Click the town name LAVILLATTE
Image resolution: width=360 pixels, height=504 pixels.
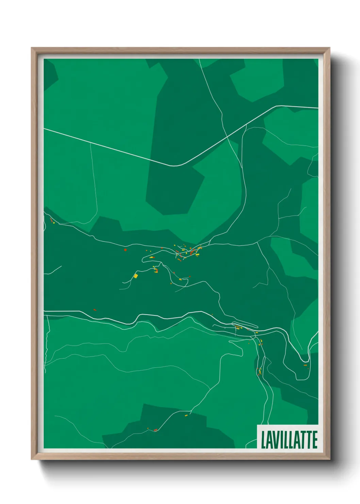(x=289, y=440)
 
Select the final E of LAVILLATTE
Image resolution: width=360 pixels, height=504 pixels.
(x=314, y=440)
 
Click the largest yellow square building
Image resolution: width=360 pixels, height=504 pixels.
(x=135, y=276)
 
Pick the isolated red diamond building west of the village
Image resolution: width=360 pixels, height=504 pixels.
(x=125, y=250)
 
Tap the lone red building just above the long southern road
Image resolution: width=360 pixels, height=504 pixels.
(x=95, y=310)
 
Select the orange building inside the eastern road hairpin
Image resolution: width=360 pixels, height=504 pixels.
(x=305, y=365)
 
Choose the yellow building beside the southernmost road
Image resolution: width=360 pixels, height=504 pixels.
(x=186, y=415)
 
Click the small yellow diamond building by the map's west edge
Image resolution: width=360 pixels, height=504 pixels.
(x=54, y=223)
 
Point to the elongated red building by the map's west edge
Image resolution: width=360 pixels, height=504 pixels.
(x=52, y=220)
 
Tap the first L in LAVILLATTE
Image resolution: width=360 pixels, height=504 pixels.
(x=263, y=440)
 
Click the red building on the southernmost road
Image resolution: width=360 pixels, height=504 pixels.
(x=155, y=430)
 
